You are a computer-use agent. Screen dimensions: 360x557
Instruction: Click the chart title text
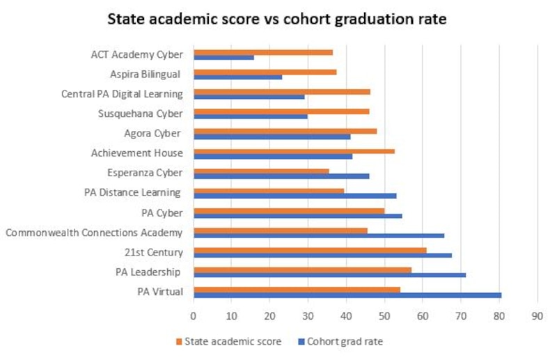click(x=276, y=19)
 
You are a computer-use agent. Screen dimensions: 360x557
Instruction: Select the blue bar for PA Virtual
click(x=347, y=295)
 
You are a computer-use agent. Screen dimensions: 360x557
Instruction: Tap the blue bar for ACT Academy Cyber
click(x=223, y=57)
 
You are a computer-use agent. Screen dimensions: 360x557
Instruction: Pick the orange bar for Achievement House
click(x=294, y=150)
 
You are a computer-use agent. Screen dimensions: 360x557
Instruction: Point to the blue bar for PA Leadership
click(x=329, y=275)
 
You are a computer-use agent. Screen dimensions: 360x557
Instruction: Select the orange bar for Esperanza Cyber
click(x=261, y=170)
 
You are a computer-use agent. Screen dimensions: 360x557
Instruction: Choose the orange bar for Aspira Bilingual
click(x=265, y=72)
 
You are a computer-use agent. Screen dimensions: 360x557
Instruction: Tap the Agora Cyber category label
click(x=153, y=133)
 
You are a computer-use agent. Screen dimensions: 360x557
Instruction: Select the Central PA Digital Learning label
click(x=122, y=94)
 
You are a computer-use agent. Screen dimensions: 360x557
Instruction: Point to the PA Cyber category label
click(x=162, y=212)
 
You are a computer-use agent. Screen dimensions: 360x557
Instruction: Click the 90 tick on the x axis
click(x=537, y=315)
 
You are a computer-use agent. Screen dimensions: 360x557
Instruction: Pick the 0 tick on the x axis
click(x=194, y=315)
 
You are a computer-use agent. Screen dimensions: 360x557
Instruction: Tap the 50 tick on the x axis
click(x=384, y=315)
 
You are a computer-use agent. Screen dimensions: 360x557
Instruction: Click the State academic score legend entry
click(x=233, y=341)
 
